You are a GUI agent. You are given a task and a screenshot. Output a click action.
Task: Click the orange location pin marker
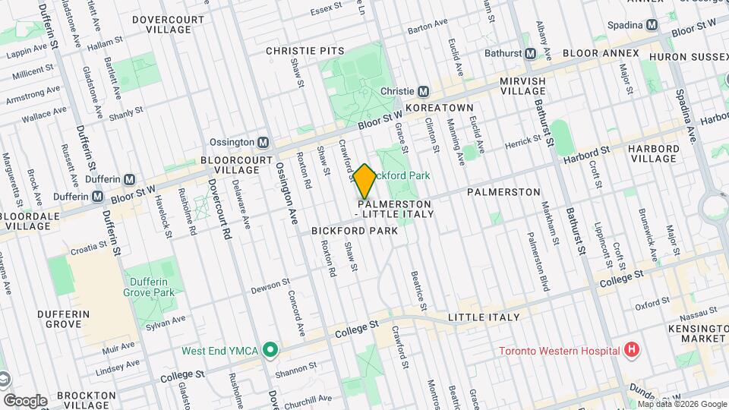tap(364, 181)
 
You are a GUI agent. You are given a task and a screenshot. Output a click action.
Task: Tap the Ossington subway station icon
tap(264, 142)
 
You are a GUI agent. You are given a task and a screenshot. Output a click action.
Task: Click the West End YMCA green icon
tap(269, 350)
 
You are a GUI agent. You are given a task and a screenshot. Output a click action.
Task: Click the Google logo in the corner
tap(25, 400)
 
